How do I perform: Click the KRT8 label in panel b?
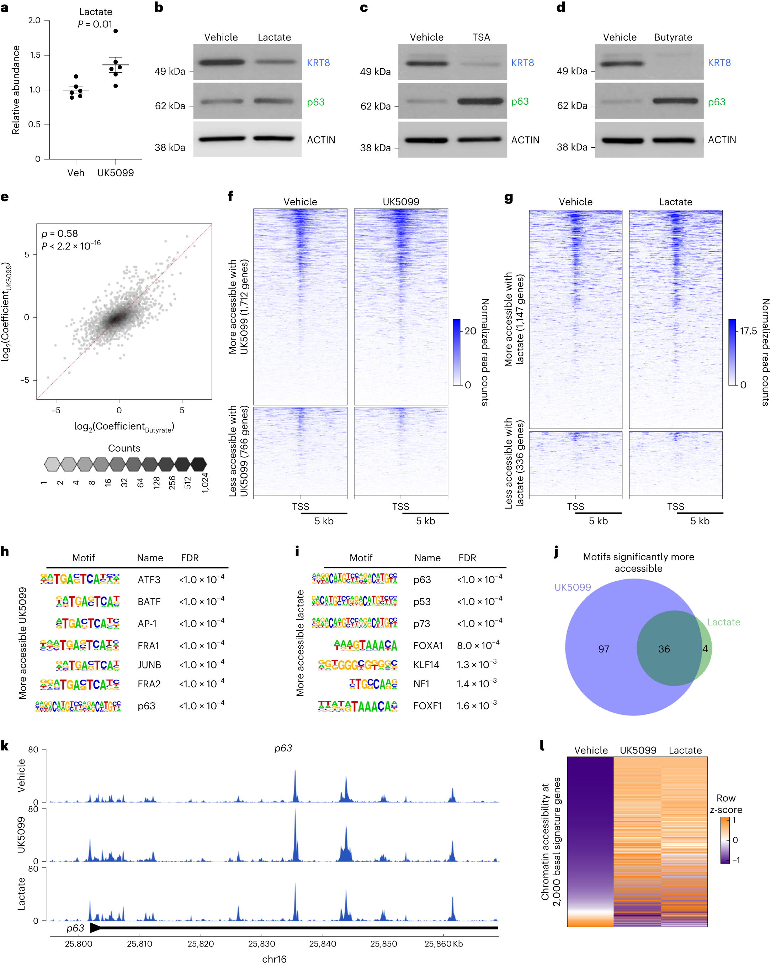pyautogui.click(x=318, y=63)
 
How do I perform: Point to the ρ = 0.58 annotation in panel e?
pyautogui.click(x=59, y=234)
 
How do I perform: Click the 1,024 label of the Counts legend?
pyautogui.click(x=205, y=483)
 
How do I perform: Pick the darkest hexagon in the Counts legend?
pyautogui.click(x=198, y=464)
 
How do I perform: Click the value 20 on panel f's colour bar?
pyautogui.click(x=470, y=331)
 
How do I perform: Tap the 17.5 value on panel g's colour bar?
pyautogui.click(x=748, y=331)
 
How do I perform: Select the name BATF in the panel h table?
pyautogui.click(x=149, y=602)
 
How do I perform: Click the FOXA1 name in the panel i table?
pyautogui.click(x=427, y=645)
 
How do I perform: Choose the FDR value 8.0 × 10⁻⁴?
pyautogui.click(x=478, y=645)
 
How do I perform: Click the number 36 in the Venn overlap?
pyautogui.click(x=664, y=649)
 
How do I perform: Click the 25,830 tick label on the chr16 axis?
pyautogui.click(x=262, y=944)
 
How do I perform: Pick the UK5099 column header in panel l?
pyautogui.click(x=638, y=750)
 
